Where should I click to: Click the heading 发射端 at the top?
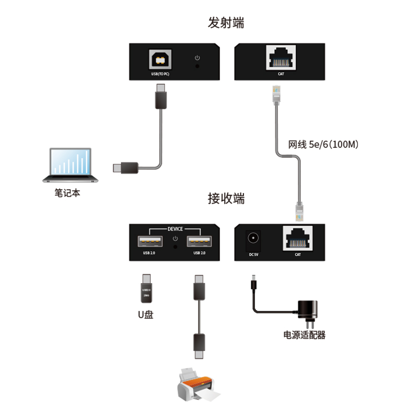(226, 23)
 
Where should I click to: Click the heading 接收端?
(226, 199)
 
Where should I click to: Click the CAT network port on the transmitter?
(281, 57)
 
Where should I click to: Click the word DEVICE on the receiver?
(175, 229)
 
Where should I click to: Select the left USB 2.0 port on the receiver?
(150, 241)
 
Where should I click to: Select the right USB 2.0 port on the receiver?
(200, 241)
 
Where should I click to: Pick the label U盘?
(146, 315)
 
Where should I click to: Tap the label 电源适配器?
(304, 335)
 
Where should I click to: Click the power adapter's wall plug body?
(308, 310)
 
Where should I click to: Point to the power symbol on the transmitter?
(197, 57)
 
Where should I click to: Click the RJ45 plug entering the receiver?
(299, 210)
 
